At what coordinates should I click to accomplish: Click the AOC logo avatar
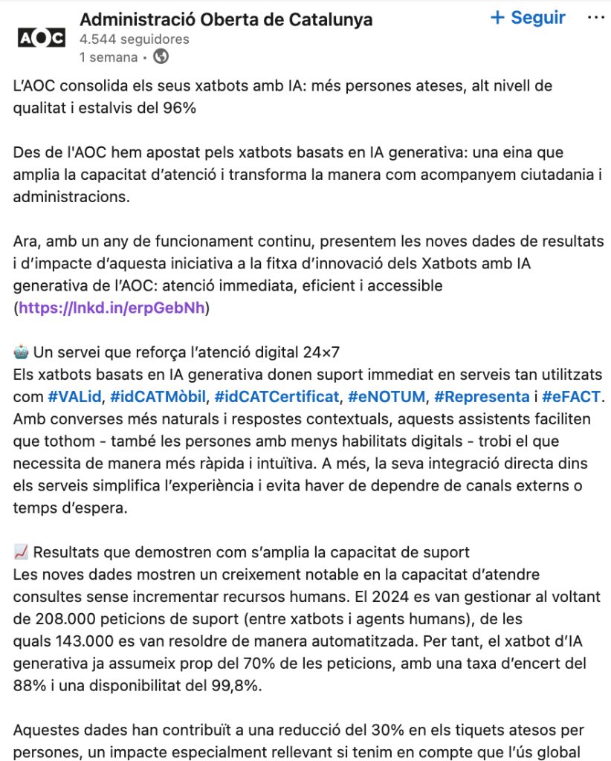coord(41,37)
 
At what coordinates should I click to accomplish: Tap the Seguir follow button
coord(528,17)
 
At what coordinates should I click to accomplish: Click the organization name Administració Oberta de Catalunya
coord(226,19)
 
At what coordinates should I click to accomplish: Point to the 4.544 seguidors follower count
coord(134,39)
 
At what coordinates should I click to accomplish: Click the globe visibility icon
coord(161,56)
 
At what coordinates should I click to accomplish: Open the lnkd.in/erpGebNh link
coord(113,308)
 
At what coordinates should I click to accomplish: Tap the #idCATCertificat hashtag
coord(277,396)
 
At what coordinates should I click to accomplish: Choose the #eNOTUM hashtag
coord(386,396)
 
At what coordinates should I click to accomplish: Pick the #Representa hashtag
coord(481,396)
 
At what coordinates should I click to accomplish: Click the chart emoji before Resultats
coord(21,552)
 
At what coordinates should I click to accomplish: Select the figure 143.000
coord(82,641)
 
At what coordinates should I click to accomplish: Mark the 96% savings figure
coord(180,108)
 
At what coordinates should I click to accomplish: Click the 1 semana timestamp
coord(108,56)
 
